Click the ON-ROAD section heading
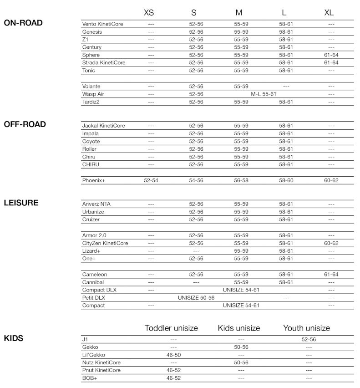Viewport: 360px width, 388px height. [x=23, y=22]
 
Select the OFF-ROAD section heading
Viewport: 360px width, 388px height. [x=25, y=124]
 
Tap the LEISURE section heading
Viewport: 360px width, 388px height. [x=21, y=203]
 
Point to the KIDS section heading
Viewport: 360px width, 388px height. [x=13, y=338]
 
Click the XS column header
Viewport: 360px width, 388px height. [x=149, y=12]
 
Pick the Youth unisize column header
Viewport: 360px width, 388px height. [x=306, y=328]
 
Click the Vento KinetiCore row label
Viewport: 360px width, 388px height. [x=102, y=24]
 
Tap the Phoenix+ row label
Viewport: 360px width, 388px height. [x=93, y=180]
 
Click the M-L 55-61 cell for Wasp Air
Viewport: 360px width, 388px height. [x=264, y=94]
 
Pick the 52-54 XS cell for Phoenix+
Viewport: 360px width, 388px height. [x=151, y=180]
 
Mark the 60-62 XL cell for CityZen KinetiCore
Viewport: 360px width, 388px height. [x=331, y=243]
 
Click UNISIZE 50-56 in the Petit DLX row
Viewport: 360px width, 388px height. [x=196, y=297]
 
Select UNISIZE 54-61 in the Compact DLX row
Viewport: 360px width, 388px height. [x=241, y=290]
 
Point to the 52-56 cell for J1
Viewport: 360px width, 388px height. [x=309, y=339]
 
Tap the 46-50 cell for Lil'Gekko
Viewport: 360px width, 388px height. [x=173, y=355]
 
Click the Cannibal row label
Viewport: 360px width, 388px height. [x=93, y=282]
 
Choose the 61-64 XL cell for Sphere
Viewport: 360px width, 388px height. [x=331, y=55]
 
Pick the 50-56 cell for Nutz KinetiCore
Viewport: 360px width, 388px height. [x=241, y=362]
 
